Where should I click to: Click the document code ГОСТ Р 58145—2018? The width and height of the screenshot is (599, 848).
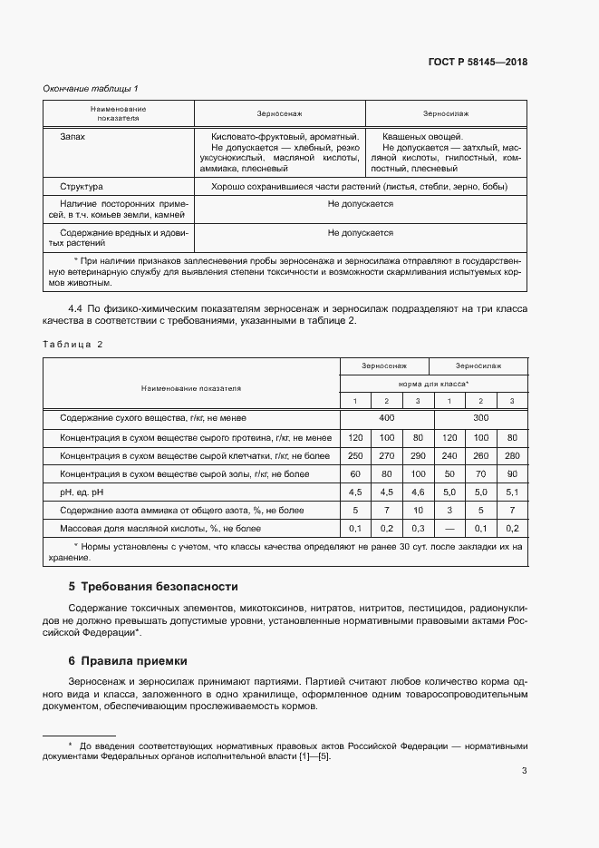477,63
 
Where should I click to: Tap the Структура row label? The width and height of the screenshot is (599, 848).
82,187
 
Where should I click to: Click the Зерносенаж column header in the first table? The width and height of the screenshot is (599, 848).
280,113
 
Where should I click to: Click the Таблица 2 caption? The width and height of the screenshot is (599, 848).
73,344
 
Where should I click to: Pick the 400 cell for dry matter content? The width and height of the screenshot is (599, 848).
387,418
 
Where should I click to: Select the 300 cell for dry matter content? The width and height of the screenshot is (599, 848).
480,418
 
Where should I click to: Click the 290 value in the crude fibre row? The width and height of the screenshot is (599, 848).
418,455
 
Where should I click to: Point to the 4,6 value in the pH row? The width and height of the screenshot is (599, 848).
418,492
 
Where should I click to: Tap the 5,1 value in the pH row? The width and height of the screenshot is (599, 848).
512,492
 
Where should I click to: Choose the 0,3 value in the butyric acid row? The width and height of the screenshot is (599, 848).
418,528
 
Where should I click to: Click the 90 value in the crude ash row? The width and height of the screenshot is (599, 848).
512,473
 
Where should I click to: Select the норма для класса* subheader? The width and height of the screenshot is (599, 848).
433,384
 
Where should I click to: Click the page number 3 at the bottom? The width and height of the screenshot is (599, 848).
524,771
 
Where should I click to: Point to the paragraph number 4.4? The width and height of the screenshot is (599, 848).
76,309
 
